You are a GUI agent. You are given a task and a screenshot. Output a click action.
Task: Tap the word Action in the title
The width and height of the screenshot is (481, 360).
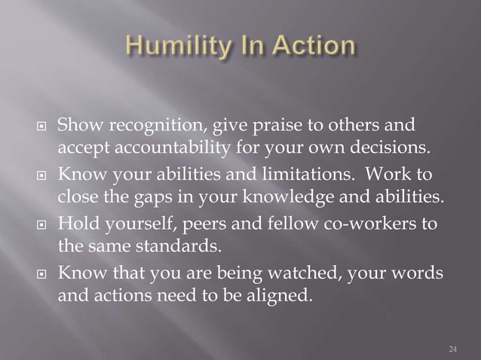pos(309,47)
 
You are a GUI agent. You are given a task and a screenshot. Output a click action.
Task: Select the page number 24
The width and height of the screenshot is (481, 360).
pos(452,348)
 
